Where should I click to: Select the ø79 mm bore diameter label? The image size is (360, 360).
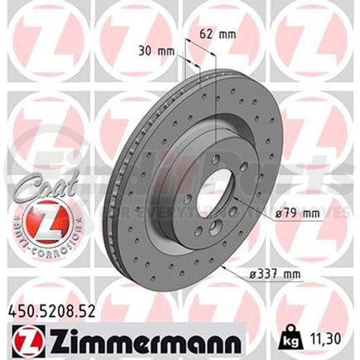pyautogui.click(x=296, y=214)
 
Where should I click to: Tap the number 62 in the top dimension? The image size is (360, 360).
pyautogui.click(x=209, y=35)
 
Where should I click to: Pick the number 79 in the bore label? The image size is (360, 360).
pyautogui.click(x=291, y=214)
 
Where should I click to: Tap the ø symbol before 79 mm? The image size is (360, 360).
pyautogui.click(x=278, y=214)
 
